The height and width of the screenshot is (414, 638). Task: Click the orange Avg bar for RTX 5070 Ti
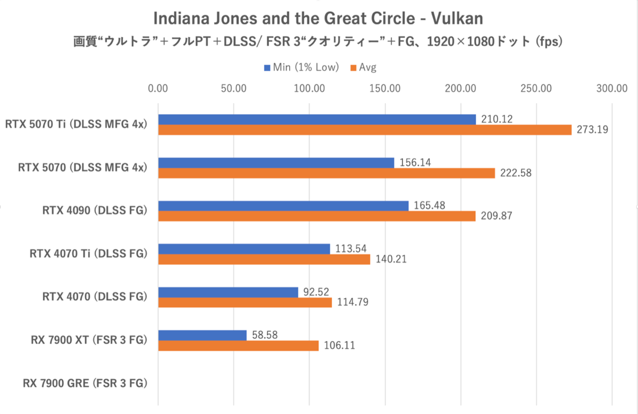364,130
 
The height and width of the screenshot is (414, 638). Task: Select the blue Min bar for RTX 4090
283,206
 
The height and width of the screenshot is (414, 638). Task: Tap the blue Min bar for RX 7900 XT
203,335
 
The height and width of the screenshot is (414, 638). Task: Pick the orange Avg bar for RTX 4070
245,302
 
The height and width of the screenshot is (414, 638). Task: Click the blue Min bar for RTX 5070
276,163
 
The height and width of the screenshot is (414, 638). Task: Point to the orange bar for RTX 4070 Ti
264,259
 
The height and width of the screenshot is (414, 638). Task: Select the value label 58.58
265,335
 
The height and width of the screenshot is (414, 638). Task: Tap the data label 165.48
427,205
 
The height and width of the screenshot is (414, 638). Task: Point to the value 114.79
350,302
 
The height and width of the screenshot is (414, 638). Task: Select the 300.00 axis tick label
612,88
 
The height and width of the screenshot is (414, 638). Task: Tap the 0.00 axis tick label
159,88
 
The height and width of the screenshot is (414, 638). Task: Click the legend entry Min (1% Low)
301,67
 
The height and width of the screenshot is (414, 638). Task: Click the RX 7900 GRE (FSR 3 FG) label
85,383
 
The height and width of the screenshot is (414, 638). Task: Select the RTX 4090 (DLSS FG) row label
94,210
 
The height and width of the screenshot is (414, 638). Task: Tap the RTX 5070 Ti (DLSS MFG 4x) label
75,124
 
